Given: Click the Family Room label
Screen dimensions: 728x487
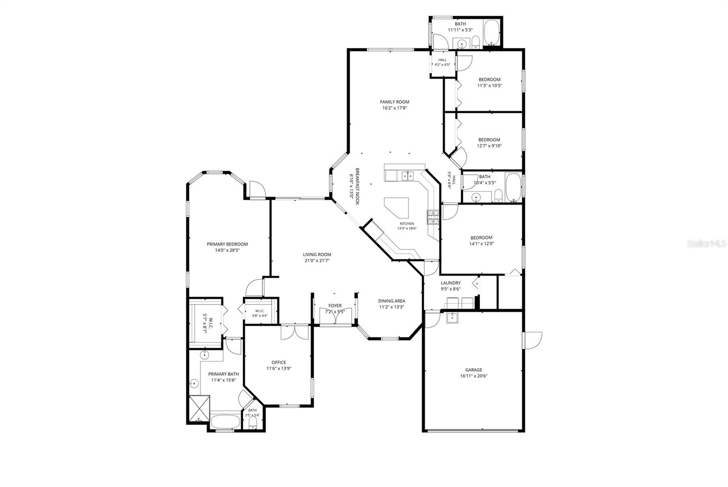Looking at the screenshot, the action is point(394,102).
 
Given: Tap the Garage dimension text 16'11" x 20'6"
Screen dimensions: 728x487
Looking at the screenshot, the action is point(474,376).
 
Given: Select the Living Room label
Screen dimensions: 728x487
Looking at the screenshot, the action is point(317,255).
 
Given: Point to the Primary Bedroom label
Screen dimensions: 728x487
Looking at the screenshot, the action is point(227,244).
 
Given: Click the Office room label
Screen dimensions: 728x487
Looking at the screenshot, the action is point(279,362).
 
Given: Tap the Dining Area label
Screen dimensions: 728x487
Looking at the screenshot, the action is point(392,301).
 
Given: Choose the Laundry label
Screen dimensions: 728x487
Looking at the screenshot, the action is point(450,283).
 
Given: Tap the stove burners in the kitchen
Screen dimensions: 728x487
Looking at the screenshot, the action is point(433,217).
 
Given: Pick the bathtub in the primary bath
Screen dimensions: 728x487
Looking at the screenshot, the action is point(225,421).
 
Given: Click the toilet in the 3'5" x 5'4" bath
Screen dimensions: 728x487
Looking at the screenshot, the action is point(253,423).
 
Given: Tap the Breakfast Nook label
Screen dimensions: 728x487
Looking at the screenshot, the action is point(357,186).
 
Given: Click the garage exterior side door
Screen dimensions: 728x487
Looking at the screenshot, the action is point(532,340).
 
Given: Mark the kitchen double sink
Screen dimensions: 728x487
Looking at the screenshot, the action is point(408,176).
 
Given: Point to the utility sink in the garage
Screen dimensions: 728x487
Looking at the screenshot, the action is point(452,318).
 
